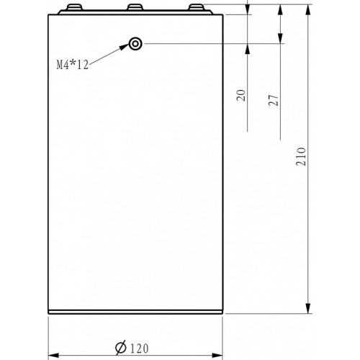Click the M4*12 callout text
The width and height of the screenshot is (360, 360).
[x=73, y=65]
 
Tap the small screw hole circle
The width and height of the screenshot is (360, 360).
[x=135, y=44]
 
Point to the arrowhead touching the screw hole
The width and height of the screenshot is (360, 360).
[x=125, y=47]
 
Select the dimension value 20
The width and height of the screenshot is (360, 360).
[x=242, y=95]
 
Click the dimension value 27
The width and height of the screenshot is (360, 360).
[x=274, y=100]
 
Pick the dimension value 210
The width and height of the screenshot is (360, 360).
[x=301, y=156]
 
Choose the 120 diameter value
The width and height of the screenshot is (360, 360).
[x=139, y=348]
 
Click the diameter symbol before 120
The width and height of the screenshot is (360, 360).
[x=121, y=347]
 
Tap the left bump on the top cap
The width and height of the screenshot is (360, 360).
[x=74, y=7]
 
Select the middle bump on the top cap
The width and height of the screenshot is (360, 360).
[x=135, y=7]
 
